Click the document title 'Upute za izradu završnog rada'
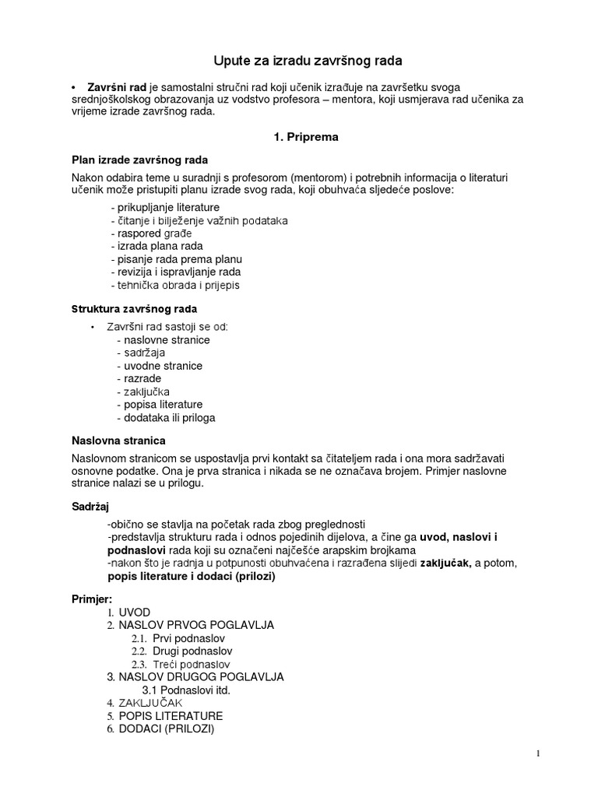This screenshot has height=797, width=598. [x=298, y=60]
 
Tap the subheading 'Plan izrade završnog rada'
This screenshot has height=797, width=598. [x=139, y=160]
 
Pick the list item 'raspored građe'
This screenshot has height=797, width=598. [x=151, y=233]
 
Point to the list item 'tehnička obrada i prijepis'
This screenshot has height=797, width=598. [x=175, y=285]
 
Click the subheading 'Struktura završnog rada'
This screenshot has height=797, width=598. [x=134, y=309]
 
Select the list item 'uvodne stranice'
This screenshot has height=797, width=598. [x=159, y=366]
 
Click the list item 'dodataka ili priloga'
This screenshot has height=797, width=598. [x=165, y=418]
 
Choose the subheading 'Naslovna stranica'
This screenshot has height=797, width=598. [x=118, y=441]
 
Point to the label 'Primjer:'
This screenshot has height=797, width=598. [x=92, y=599]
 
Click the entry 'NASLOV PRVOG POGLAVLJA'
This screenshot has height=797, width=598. [x=196, y=625]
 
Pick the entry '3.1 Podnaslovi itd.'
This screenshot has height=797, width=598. [x=187, y=690]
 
